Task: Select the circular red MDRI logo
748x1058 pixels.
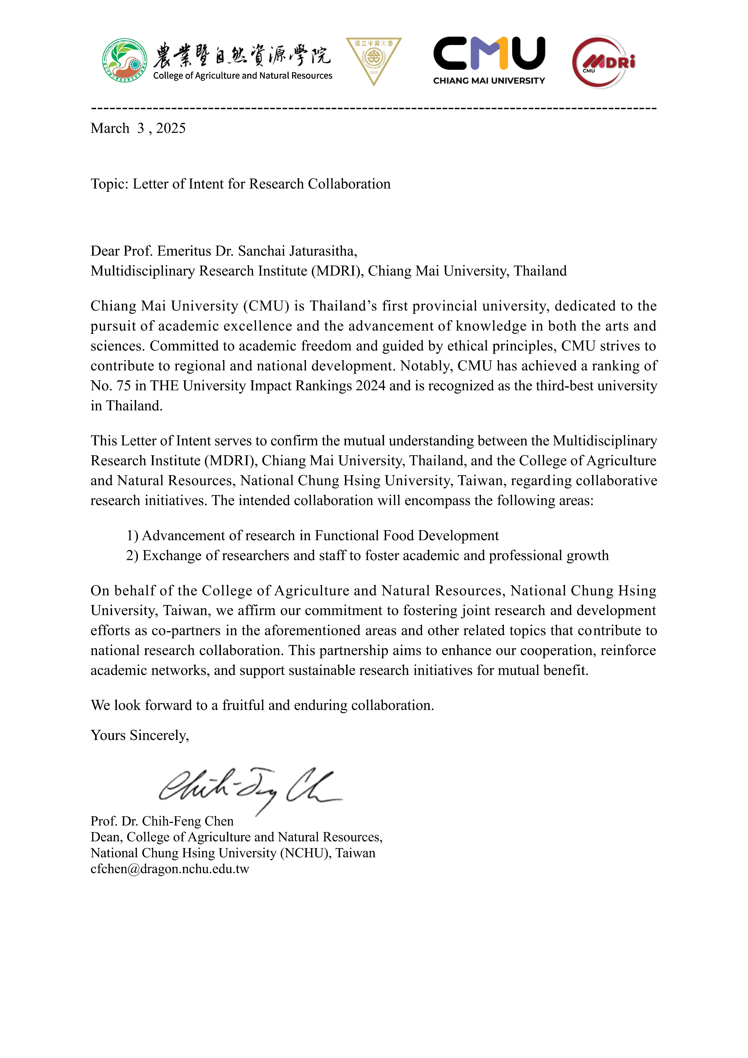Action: point(602,62)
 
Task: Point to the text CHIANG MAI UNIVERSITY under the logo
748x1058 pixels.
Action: point(489,81)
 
